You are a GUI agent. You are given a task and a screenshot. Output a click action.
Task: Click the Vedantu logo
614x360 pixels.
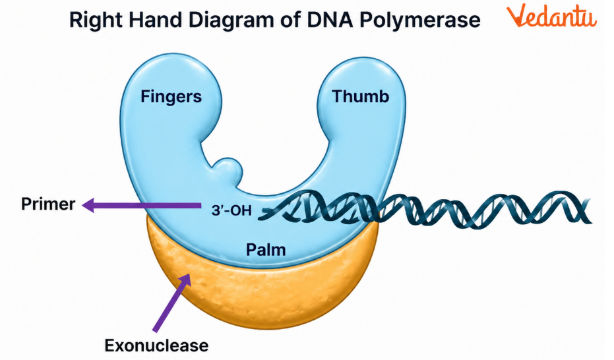pos(552,18)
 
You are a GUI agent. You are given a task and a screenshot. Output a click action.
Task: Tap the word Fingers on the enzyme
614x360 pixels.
pos(171,97)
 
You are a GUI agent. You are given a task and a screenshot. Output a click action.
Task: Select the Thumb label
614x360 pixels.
pos(360,97)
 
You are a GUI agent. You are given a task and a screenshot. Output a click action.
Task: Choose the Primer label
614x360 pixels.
pos(47,204)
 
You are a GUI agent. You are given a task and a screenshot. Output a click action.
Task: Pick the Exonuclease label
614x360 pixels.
pos(156,345)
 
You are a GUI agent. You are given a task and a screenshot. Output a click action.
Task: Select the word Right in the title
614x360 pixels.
pos(93,20)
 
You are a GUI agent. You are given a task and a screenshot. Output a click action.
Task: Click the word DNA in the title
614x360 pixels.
pos(327,20)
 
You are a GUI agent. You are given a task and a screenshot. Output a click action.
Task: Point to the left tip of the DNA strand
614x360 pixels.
pos(262,212)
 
